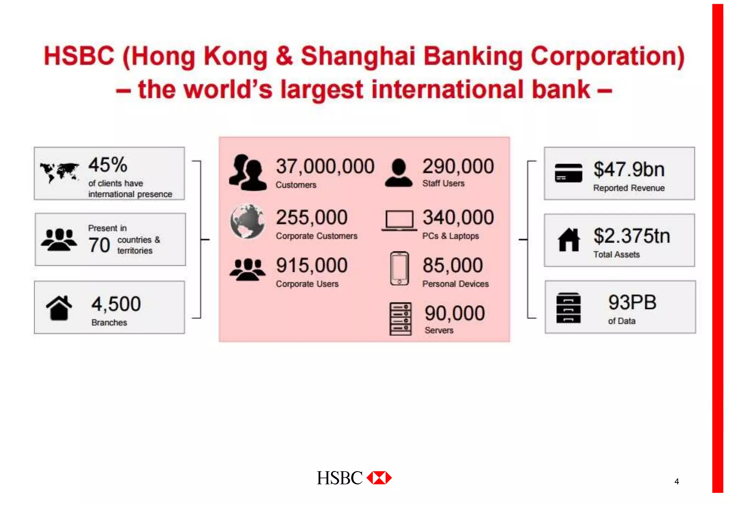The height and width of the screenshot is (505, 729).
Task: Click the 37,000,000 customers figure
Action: pos(325,167)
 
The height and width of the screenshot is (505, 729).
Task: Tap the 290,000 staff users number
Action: pos(458,167)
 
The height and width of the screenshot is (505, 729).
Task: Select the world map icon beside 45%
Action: pos(60,172)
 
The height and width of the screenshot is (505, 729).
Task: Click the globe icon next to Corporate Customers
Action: pos(247,222)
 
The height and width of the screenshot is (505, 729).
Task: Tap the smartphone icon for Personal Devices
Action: pos(399,268)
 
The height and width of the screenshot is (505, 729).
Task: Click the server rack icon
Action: pos(400,319)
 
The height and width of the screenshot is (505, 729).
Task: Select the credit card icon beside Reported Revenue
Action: pos(568,173)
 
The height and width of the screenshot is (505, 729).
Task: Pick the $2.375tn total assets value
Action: pos(631,236)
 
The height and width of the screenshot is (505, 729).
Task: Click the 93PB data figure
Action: pos(632,302)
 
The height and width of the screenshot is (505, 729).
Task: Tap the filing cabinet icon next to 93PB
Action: pos(568,308)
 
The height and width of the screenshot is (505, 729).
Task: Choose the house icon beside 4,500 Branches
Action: pos(59,308)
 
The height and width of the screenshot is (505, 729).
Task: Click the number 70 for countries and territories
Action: pos(99,245)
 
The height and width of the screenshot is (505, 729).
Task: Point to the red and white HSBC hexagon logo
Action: pos(379,478)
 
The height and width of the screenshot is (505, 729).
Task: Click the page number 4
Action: pos(677,481)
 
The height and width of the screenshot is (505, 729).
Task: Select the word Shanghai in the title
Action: pos(358,57)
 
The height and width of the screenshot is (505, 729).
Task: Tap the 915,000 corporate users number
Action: pos(312,266)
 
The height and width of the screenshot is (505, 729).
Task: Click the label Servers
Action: pos(439,330)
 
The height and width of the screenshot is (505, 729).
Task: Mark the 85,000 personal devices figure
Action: pos(453,266)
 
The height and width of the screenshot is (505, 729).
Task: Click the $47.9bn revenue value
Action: pos(629,170)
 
